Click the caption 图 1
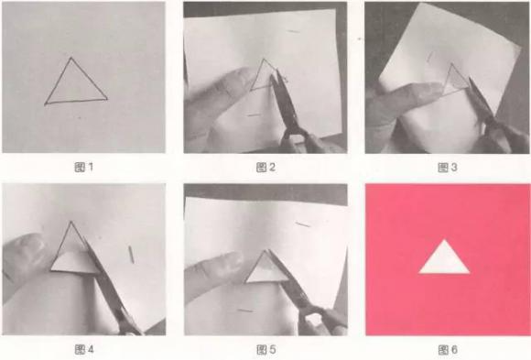click(x=83, y=167)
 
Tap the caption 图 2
click(x=265, y=167)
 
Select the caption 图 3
click(x=448, y=167)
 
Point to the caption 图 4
click(x=83, y=349)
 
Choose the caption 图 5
click(x=265, y=349)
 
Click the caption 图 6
click(x=448, y=349)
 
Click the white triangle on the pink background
click(x=444, y=260)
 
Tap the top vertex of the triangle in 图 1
click(x=71, y=58)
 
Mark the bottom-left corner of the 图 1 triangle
click(x=46, y=104)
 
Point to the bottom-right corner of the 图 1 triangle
click(x=107, y=99)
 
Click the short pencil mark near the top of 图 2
click(x=294, y=31)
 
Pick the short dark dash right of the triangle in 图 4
click(x=131, y=255)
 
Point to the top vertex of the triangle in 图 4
click(x=70, y=222)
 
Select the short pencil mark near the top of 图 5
click(x=303, y=224)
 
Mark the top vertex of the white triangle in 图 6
click(x=444, y=240)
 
